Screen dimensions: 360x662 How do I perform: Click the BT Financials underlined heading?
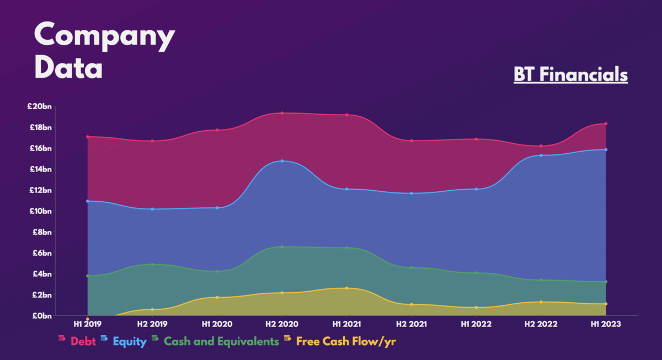click(x=570, y=74)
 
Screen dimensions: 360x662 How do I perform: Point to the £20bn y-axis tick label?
click(x=40, y=106)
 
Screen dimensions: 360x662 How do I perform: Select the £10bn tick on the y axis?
click(x=40, y=211)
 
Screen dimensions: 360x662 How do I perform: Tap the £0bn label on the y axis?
click(x=41, y=316)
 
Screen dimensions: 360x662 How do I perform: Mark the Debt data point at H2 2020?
click(x=282, y=113)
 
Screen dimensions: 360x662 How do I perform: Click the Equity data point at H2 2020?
click(x=282, y=161)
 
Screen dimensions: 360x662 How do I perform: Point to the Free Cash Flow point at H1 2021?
click(x=346, y=288)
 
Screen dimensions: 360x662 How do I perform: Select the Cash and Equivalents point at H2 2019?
click(x=152, y=265)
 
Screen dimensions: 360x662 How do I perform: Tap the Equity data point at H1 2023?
click(x=606, y=149)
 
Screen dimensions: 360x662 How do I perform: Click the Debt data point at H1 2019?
click(x=88, y=137)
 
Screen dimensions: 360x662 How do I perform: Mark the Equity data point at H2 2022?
click(x=541, y=155)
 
